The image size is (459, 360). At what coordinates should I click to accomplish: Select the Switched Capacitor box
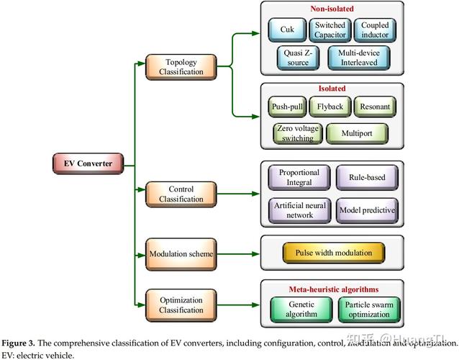[330, 30]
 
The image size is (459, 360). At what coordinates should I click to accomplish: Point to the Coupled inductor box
[375, 30]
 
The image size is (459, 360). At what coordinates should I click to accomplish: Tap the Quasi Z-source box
[297, 58]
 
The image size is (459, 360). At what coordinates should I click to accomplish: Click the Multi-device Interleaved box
[358, 58]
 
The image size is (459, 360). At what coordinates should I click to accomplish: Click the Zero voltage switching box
[296, 133]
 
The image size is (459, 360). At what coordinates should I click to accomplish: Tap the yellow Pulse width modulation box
[332, 253]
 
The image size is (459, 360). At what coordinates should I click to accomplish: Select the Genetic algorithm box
[297, 310]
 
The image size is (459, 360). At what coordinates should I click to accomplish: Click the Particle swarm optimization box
[368, 310]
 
